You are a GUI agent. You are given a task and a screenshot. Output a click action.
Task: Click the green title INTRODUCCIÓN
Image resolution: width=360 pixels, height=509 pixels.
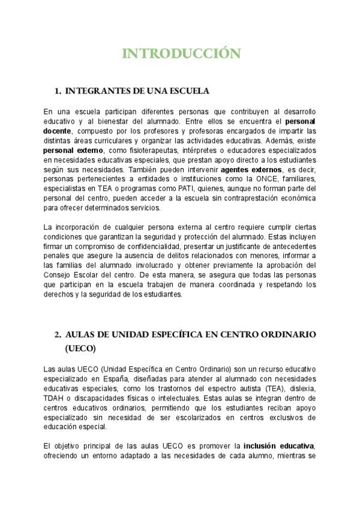coord(182,53)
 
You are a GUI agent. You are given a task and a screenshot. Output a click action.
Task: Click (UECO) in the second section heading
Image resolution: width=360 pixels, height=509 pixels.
coord(79,348)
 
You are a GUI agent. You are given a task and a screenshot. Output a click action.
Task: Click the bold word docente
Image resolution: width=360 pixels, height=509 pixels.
coord(58,131)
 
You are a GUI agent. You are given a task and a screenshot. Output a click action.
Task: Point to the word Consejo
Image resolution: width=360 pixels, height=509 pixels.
coord(58,276)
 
